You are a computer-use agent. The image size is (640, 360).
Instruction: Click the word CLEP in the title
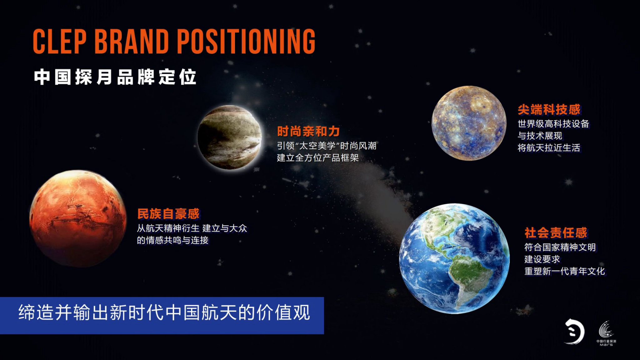60,42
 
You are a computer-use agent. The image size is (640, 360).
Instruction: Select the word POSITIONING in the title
246,42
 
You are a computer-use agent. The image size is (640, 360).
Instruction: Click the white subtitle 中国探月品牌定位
115,77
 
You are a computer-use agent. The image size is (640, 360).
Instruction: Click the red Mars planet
78,218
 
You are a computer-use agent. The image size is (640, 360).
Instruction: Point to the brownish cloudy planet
230,137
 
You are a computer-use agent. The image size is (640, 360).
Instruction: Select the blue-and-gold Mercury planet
469,123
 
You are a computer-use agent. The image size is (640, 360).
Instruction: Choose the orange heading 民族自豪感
168,214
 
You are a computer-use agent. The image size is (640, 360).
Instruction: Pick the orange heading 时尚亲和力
308,132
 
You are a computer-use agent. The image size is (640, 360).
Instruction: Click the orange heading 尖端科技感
549,110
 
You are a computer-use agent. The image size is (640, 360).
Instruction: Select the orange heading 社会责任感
556,233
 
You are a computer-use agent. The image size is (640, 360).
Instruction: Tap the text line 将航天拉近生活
549,148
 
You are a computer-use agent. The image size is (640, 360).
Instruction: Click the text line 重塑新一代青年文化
565,271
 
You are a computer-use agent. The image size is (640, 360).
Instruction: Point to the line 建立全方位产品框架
318,158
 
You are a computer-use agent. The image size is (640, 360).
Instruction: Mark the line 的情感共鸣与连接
172,240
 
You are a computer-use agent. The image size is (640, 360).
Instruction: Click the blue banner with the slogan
162,315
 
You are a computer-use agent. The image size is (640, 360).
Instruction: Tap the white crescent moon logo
574,332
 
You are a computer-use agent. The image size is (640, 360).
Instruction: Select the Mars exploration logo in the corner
606,334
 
